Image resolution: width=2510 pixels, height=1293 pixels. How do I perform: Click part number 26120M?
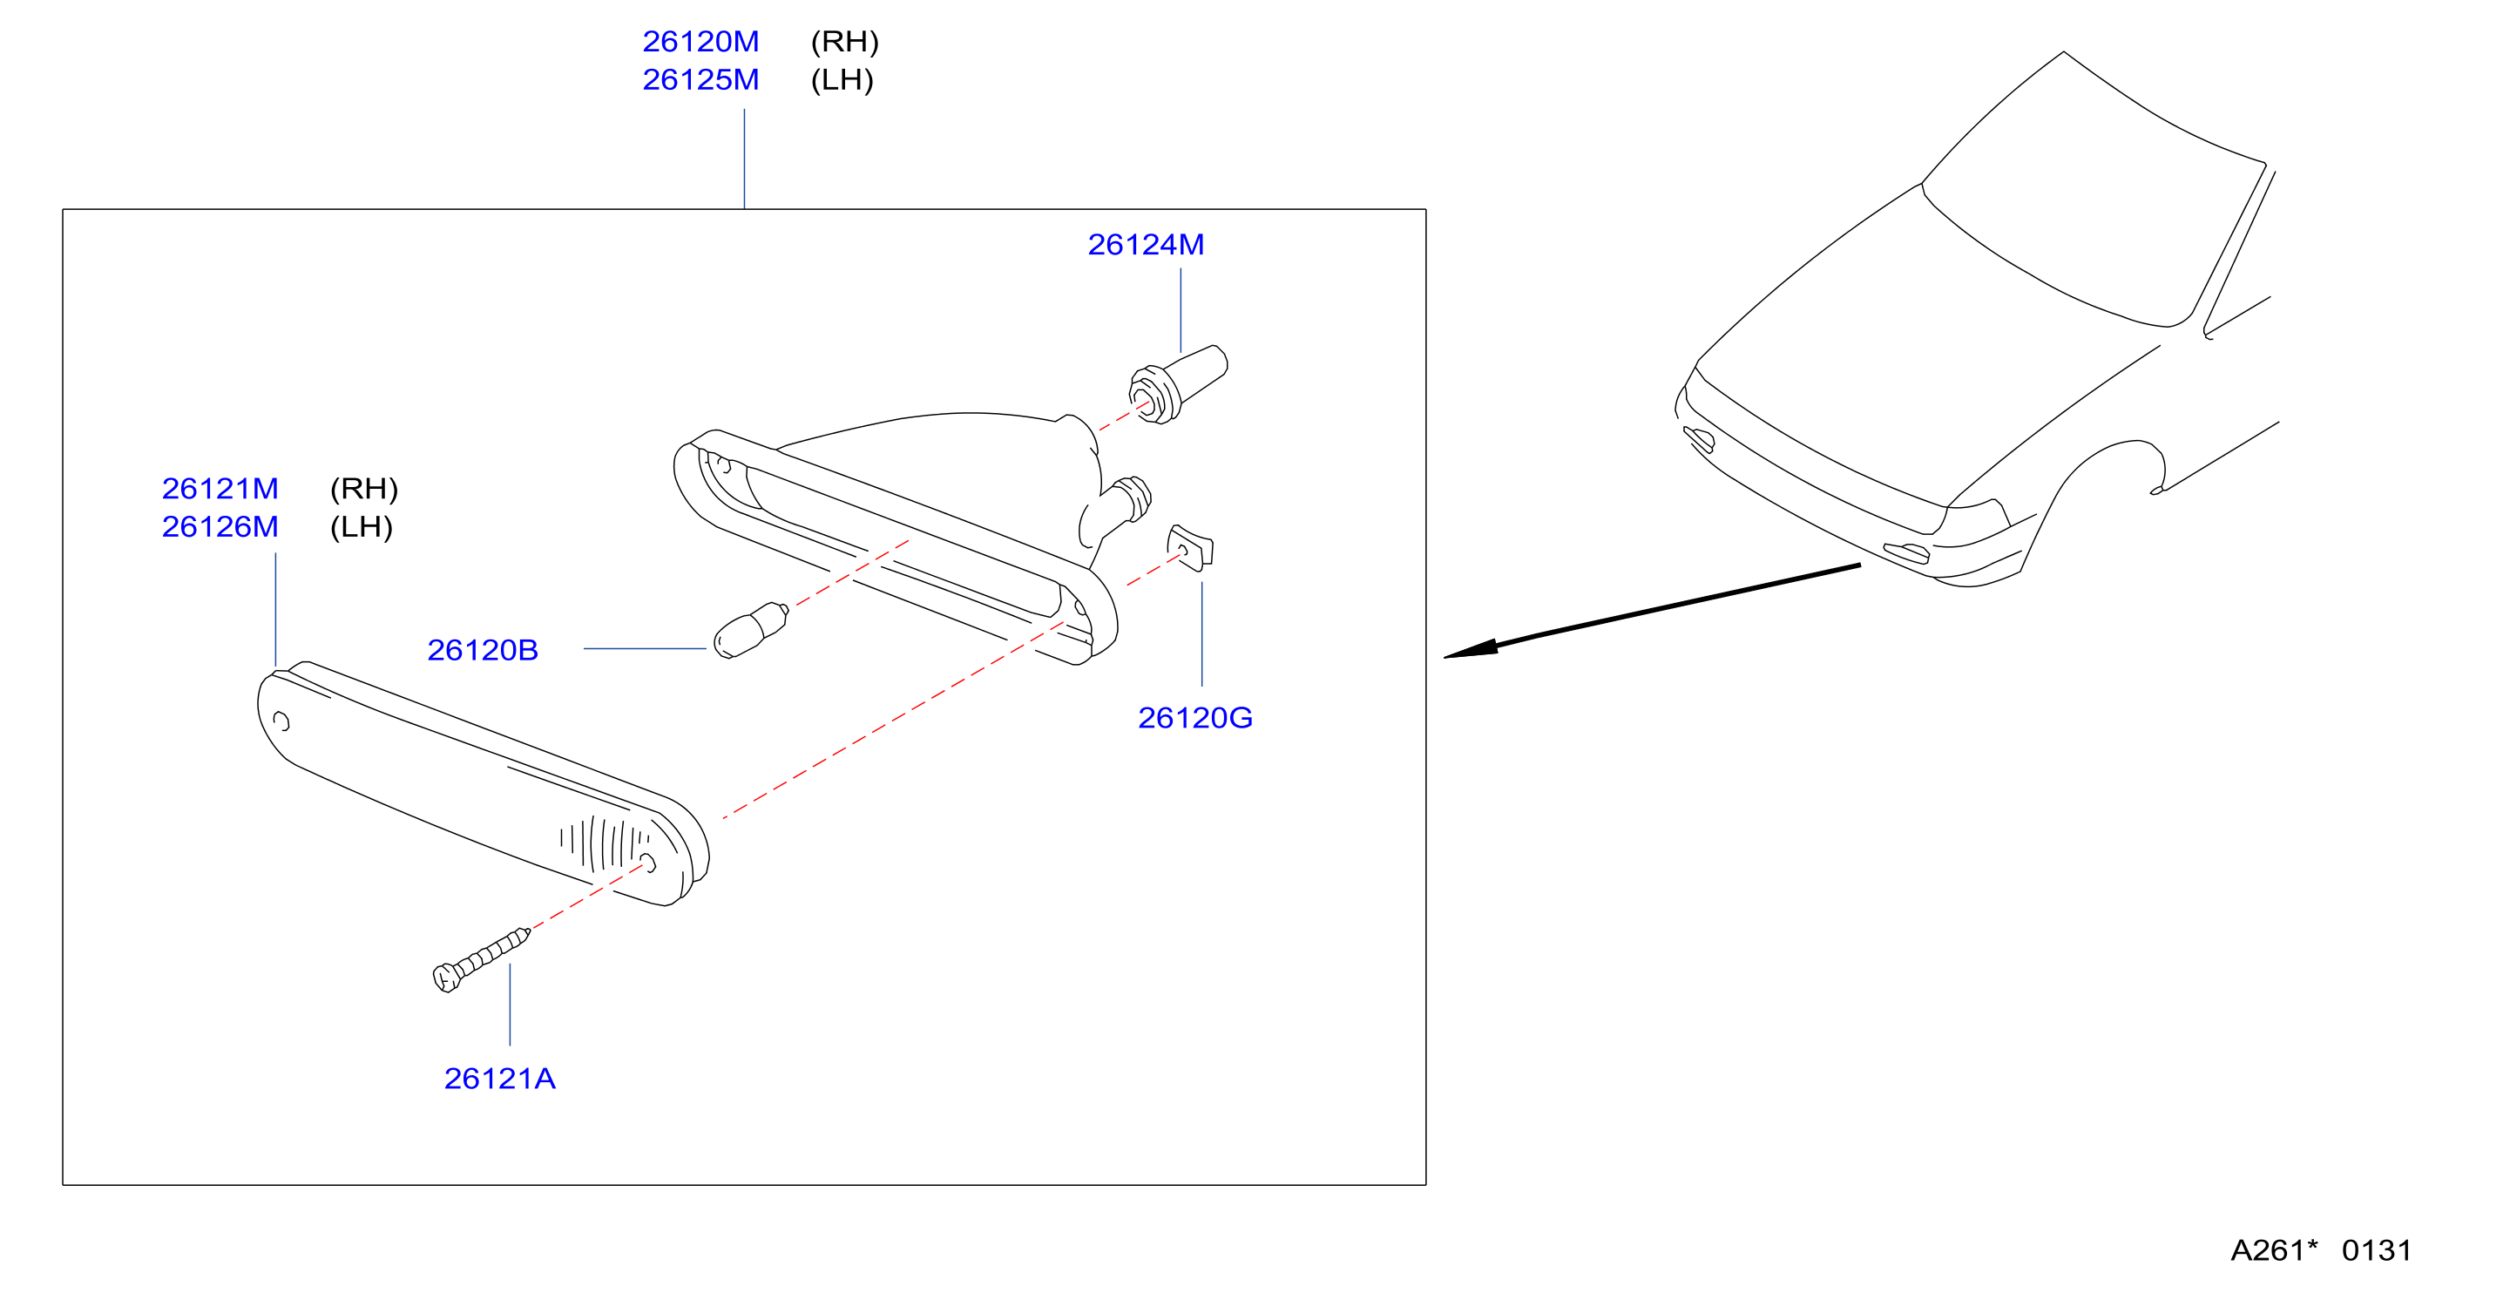pyautogui.click(x=700, y=42)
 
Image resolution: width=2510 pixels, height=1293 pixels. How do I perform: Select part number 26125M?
pyautogui.click(x=700, y=80)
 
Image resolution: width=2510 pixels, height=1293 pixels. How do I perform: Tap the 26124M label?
pyautogui.click(x=1146, y=245)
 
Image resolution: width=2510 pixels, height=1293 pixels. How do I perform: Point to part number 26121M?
pyautogui.click(x=220, y=488)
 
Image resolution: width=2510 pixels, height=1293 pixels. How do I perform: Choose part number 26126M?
pyautogui.click(x=220, y=527)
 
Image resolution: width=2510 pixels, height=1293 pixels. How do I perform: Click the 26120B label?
pyautogui.click(x=483, y=650)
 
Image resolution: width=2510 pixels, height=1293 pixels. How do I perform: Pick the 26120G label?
pyautogui.click(x=1194, y=718)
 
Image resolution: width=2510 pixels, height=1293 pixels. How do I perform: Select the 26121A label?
pyautogui.click(x=500, y=1079)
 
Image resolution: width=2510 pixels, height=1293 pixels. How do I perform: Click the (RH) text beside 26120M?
pyautogui.click(x=845, y=42)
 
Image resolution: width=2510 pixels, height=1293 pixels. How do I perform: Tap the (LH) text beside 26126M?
pyautogui.click(x=362, y=527)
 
